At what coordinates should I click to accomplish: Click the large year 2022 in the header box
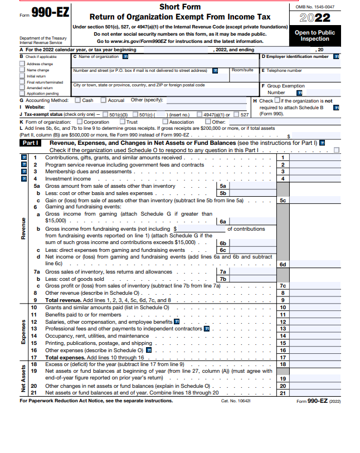click(315, 18)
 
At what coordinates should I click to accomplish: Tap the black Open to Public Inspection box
click(315, 36)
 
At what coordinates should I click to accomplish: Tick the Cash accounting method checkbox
click(77, 100)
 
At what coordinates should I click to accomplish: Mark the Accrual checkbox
click(104, 100)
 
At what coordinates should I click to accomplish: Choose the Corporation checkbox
click(80, 121)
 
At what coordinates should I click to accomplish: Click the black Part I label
click(30, 143)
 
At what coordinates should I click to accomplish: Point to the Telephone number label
click(284, 71)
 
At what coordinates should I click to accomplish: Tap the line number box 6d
click(283, 264)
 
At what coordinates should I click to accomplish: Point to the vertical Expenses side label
click(23, 333)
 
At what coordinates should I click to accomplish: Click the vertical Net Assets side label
click(23, 379)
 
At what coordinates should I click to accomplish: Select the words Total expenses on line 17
click(64, 357)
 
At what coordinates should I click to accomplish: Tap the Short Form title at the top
click(180, 7)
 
